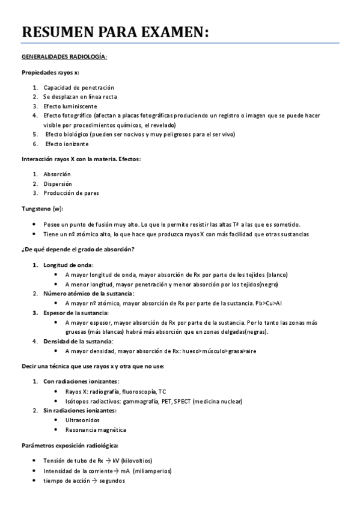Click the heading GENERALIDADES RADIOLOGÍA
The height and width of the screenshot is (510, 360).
(64, 57)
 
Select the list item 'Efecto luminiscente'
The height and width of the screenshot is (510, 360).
(70, 106)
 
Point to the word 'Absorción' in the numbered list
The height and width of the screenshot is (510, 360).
(57, 174)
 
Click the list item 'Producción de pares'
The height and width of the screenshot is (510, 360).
(71, 193)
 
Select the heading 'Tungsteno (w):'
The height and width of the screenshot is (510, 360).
(43, 208)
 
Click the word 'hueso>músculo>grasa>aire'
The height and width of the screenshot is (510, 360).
(222, 351)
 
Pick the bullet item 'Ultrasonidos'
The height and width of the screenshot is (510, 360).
(83, 420)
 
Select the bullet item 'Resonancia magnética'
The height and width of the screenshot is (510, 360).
(96, 429)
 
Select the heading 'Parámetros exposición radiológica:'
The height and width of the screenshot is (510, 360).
(70, 445)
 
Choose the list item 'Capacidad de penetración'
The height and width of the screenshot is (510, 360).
(79, 87)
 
